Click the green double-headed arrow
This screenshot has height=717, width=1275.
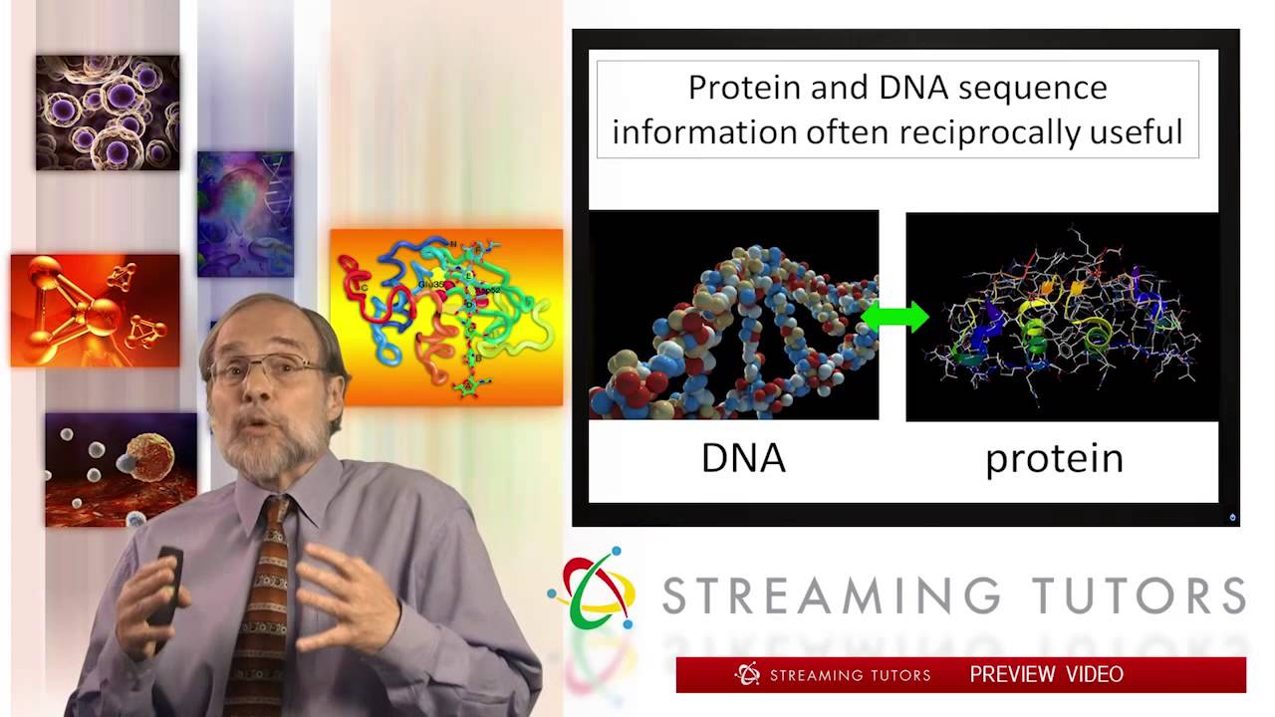[x=893, y=317]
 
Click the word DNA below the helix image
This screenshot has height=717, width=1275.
[x=743, y=458]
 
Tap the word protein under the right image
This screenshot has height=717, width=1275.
[x=1054, y=458]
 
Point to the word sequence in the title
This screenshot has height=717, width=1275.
[x=1032, y=88]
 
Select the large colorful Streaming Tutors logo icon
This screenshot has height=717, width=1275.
[x=594, y=588]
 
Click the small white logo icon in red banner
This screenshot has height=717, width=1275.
[x=747, y=674]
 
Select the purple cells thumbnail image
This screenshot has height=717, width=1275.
[x=108, y=113]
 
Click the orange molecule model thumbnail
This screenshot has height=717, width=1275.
[x=96, y=310]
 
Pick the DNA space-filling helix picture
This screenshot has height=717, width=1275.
[x=734, y=315]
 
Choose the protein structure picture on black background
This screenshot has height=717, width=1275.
[x=1062, y=315]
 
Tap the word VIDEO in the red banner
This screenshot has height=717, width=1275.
[x=1095, y=674]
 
